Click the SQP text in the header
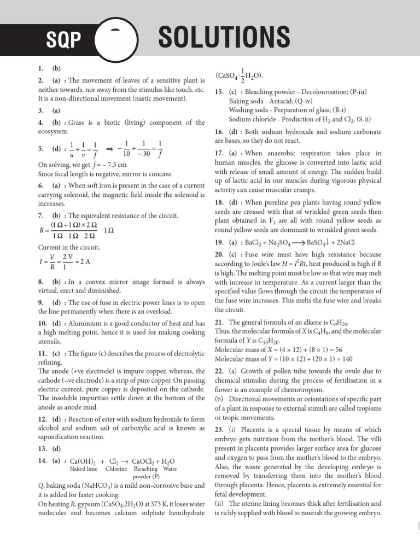(x=63, y=39)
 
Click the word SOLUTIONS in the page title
(x=224, y=38)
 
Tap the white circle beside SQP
(x=116, y=39)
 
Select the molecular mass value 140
(x=347, y=359)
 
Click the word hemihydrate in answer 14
(x=184, y=512)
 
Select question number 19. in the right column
(x=220, y=242)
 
